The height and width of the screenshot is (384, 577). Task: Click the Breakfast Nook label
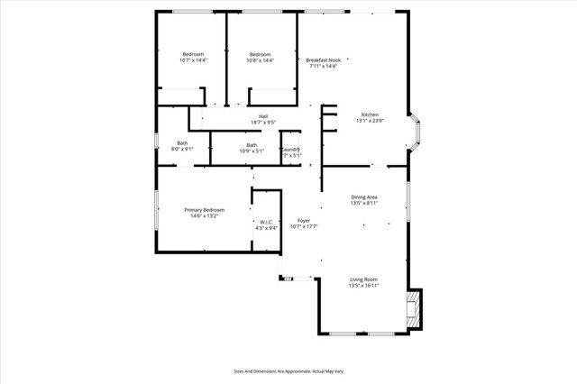tap(323, 59)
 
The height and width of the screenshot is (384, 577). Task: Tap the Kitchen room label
tap(370, 114)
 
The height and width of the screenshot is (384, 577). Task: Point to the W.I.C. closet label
tap(267, 222)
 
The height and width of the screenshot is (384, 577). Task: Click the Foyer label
tap(304, 220)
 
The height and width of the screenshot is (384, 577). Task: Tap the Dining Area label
tap(363, 197)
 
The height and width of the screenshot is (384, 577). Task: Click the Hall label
tap(263, 115)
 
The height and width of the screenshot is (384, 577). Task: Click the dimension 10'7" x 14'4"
tap(193, 60)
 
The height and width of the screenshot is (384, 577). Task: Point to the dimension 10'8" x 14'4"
tap(261, 60)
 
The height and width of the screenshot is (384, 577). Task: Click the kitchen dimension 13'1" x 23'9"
tap(371, 122)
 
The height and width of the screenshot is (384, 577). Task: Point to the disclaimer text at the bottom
tap(288, 370)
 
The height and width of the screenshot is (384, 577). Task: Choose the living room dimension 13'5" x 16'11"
tap(363, 286)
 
